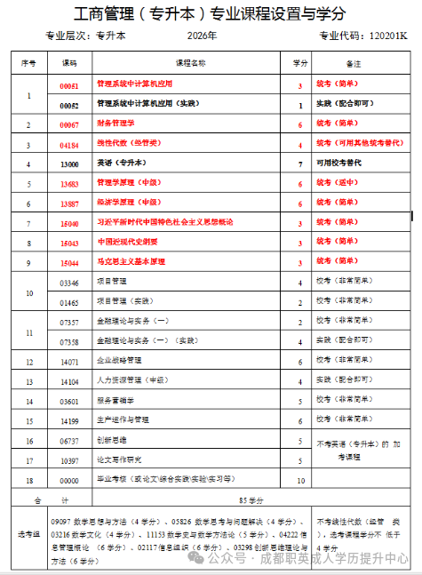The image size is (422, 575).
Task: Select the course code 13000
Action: pos(69,164)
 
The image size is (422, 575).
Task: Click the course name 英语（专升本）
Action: pos(117,164)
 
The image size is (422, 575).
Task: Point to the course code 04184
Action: pos(69,143)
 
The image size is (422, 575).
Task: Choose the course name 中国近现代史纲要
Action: pos(128,243)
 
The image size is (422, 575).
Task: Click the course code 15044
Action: pos(69,263)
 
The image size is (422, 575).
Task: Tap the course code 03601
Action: pos(69,401)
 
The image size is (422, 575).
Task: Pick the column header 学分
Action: pos(300,64)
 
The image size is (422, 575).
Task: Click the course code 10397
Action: pos(69,460)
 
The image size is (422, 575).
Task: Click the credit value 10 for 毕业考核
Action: pos(300,480)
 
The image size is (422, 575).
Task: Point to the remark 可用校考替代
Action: pos(344,164)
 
